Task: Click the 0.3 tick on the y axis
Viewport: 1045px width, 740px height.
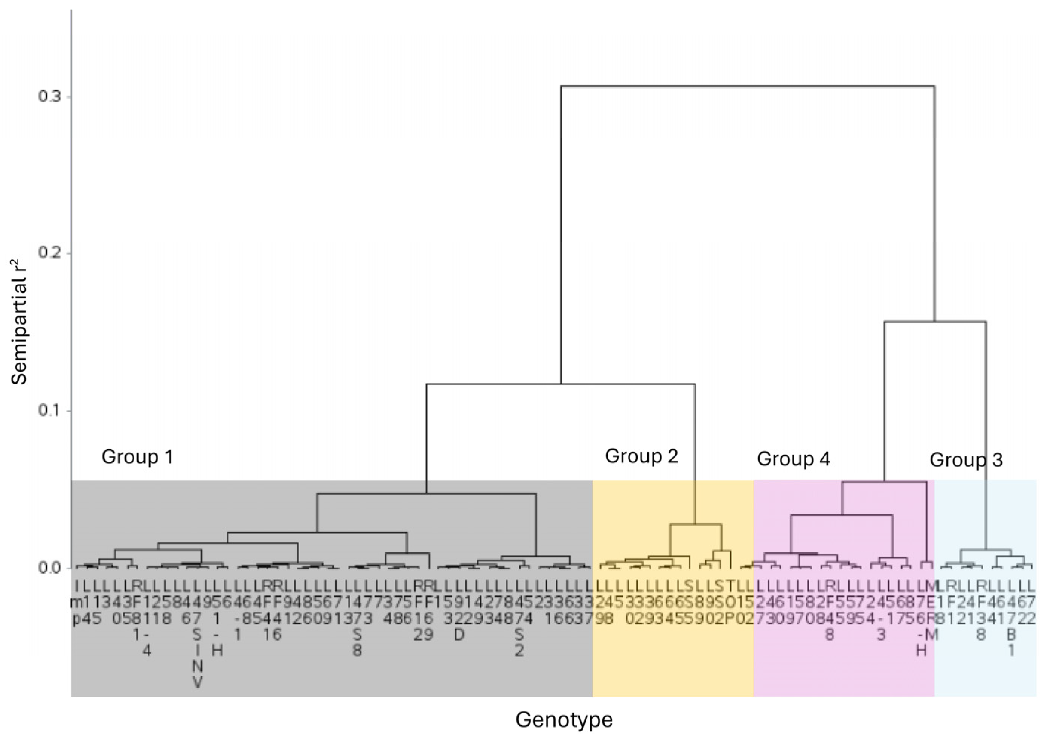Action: point(49,97)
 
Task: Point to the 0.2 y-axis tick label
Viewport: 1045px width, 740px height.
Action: point(49,253)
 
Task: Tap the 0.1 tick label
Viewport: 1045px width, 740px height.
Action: point(49,410)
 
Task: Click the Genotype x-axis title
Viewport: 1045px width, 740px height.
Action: point(564,720)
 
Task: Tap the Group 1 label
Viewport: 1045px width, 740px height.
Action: point(137,456)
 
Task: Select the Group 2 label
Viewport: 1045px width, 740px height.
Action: point(641,456)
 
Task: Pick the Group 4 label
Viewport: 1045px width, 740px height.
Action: point(794,458)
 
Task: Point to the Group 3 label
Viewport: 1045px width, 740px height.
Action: point(966,459)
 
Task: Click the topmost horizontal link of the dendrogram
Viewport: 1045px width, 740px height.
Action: point(747,85)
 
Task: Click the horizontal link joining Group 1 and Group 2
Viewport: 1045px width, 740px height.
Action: point(560,384)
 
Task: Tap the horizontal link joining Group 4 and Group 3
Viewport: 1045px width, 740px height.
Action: point(935,322)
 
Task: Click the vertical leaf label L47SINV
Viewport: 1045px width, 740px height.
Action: point(197,633)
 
